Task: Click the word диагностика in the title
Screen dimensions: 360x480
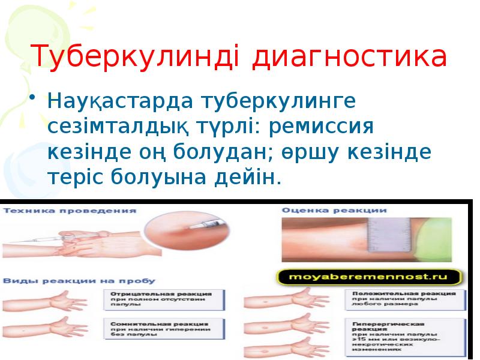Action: [x=350, y=57]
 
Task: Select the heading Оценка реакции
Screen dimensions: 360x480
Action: [x=334, y=211]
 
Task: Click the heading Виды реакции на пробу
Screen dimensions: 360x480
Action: [x=79, y=280]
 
